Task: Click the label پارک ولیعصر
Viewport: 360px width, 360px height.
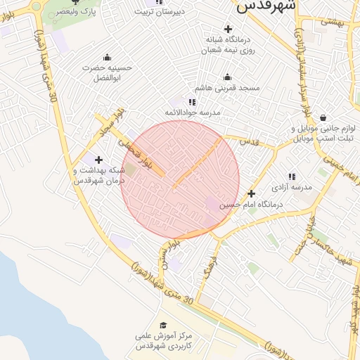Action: tap(67, 12)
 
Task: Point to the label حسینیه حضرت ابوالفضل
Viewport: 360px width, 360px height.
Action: tap(107, 72)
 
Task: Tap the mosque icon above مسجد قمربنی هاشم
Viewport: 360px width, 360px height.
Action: tap(227, 77)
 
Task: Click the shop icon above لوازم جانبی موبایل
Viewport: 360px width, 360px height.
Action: tap(323, 117)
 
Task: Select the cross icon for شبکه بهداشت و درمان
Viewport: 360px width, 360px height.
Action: tap(98, 160)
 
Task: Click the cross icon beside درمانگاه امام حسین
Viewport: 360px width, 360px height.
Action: tap(251, 193)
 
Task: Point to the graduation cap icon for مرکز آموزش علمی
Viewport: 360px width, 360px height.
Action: tap(163, 325)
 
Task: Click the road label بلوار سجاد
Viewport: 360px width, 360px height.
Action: tap(110, 122)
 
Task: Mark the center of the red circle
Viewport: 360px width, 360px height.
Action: tap(180, 180)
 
